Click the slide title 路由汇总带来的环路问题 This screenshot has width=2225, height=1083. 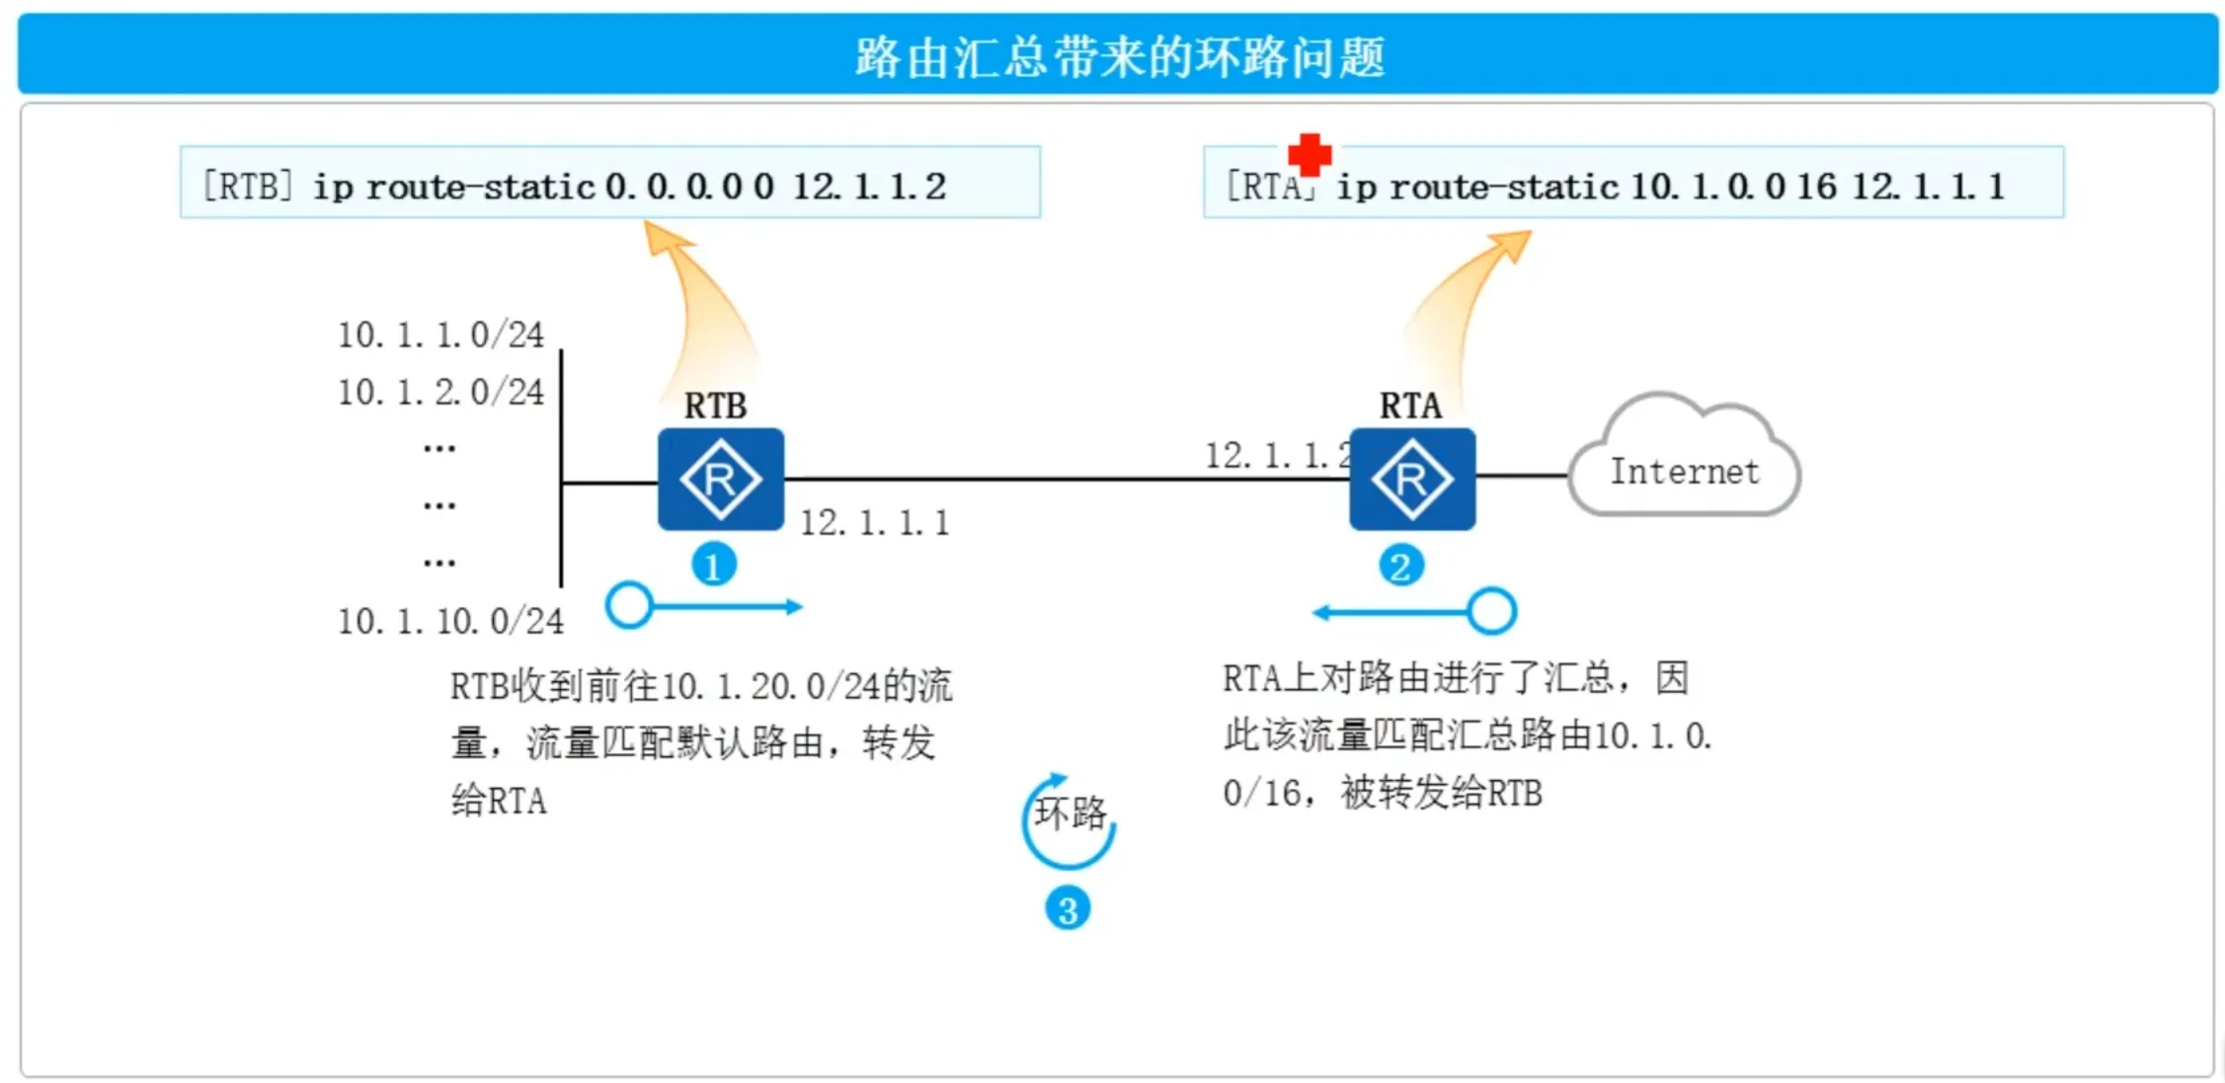[1119, 56]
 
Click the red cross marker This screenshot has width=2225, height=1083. [1310, 155]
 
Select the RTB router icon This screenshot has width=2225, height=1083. [721, 479]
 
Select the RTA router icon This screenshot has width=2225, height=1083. [1412, 479]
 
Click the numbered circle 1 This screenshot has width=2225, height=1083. [713, 566]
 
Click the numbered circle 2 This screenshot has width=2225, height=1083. [1400, 566]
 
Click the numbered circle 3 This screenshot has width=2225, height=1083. [1068, 909]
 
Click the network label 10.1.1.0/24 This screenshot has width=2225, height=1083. [440, 335]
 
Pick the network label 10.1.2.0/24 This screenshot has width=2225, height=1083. [440, 392]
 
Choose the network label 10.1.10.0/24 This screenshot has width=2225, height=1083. [450, 621]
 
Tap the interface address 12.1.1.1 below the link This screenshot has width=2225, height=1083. [874, 522]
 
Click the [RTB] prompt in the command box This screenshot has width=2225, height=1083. [247, 186]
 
